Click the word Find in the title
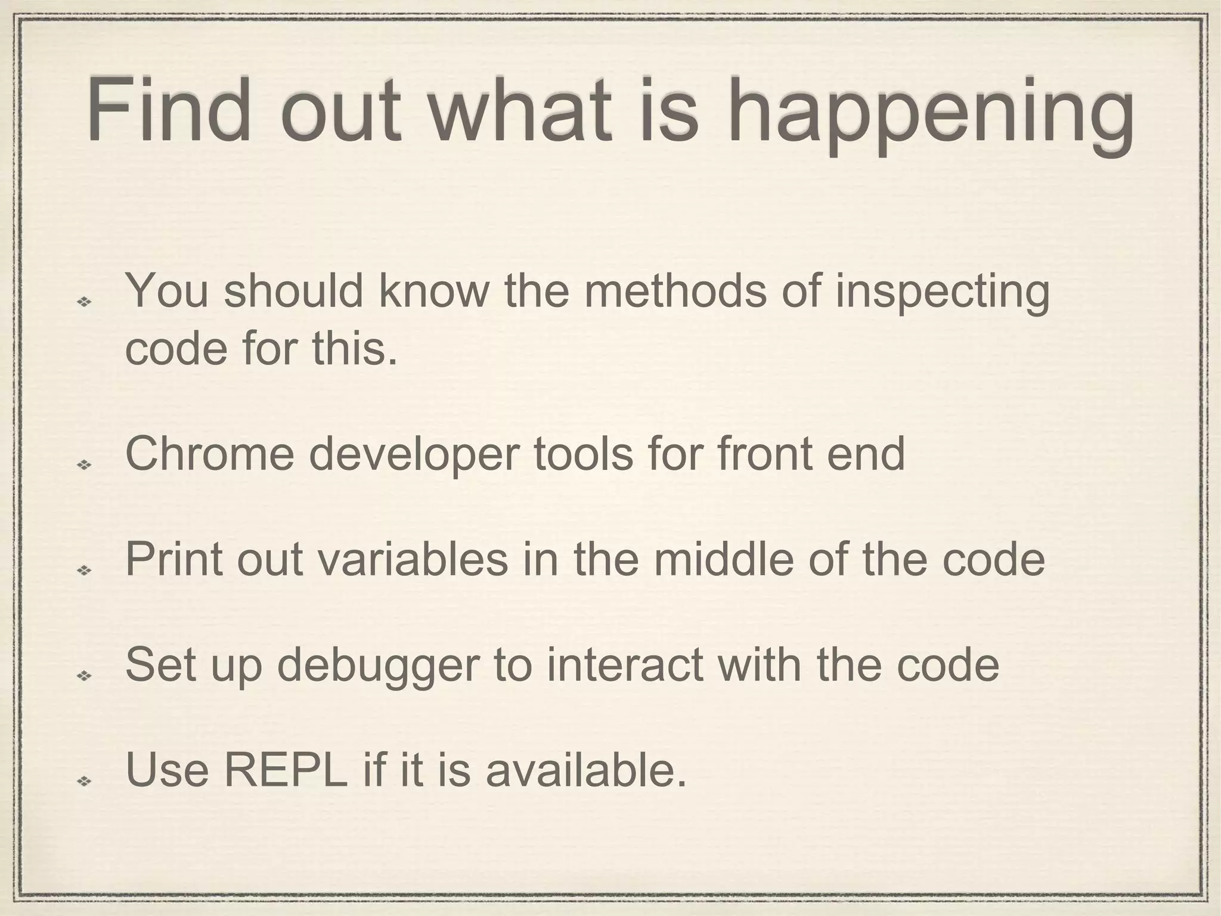click(x=169, y=112)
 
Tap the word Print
click(x=173, y=559)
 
